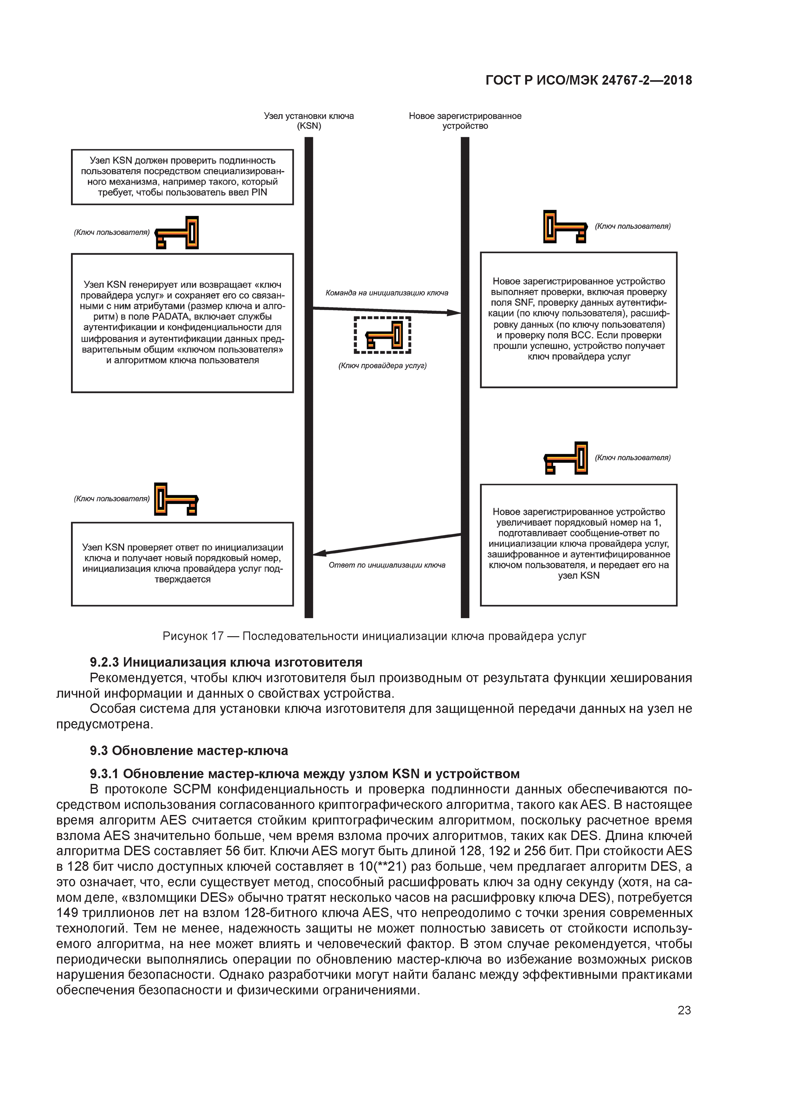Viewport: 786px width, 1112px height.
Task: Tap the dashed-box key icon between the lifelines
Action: (383, 335)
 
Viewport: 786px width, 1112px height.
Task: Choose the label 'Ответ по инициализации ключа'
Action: (387, 565)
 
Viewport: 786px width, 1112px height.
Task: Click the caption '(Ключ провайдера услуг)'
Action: (382, 366)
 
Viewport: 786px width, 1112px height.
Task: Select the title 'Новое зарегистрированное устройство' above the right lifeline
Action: (465, 120)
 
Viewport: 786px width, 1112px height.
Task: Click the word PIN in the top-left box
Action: (259, 192)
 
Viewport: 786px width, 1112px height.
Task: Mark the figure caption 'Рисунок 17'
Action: (193, 636)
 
